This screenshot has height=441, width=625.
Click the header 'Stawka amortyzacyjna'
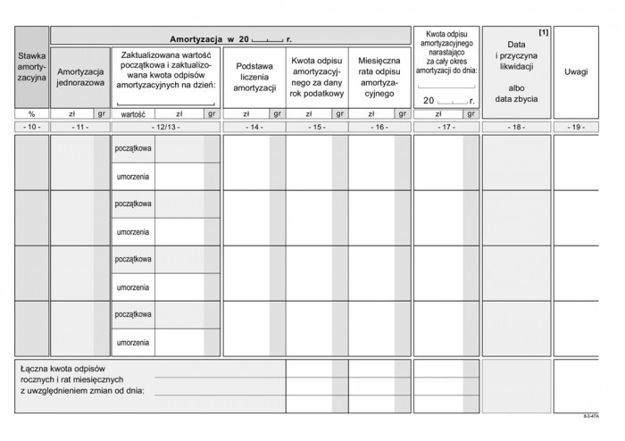31,68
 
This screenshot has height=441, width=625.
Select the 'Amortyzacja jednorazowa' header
80,76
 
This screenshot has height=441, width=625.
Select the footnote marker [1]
545,33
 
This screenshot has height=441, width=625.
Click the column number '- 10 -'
31,129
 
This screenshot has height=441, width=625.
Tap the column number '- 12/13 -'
165,129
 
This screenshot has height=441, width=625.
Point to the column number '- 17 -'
446,129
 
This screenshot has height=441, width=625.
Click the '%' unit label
31,114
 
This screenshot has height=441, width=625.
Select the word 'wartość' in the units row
133,114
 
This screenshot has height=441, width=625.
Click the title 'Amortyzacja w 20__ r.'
230,39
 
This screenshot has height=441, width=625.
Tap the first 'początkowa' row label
133,149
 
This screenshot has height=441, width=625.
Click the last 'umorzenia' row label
133,342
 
